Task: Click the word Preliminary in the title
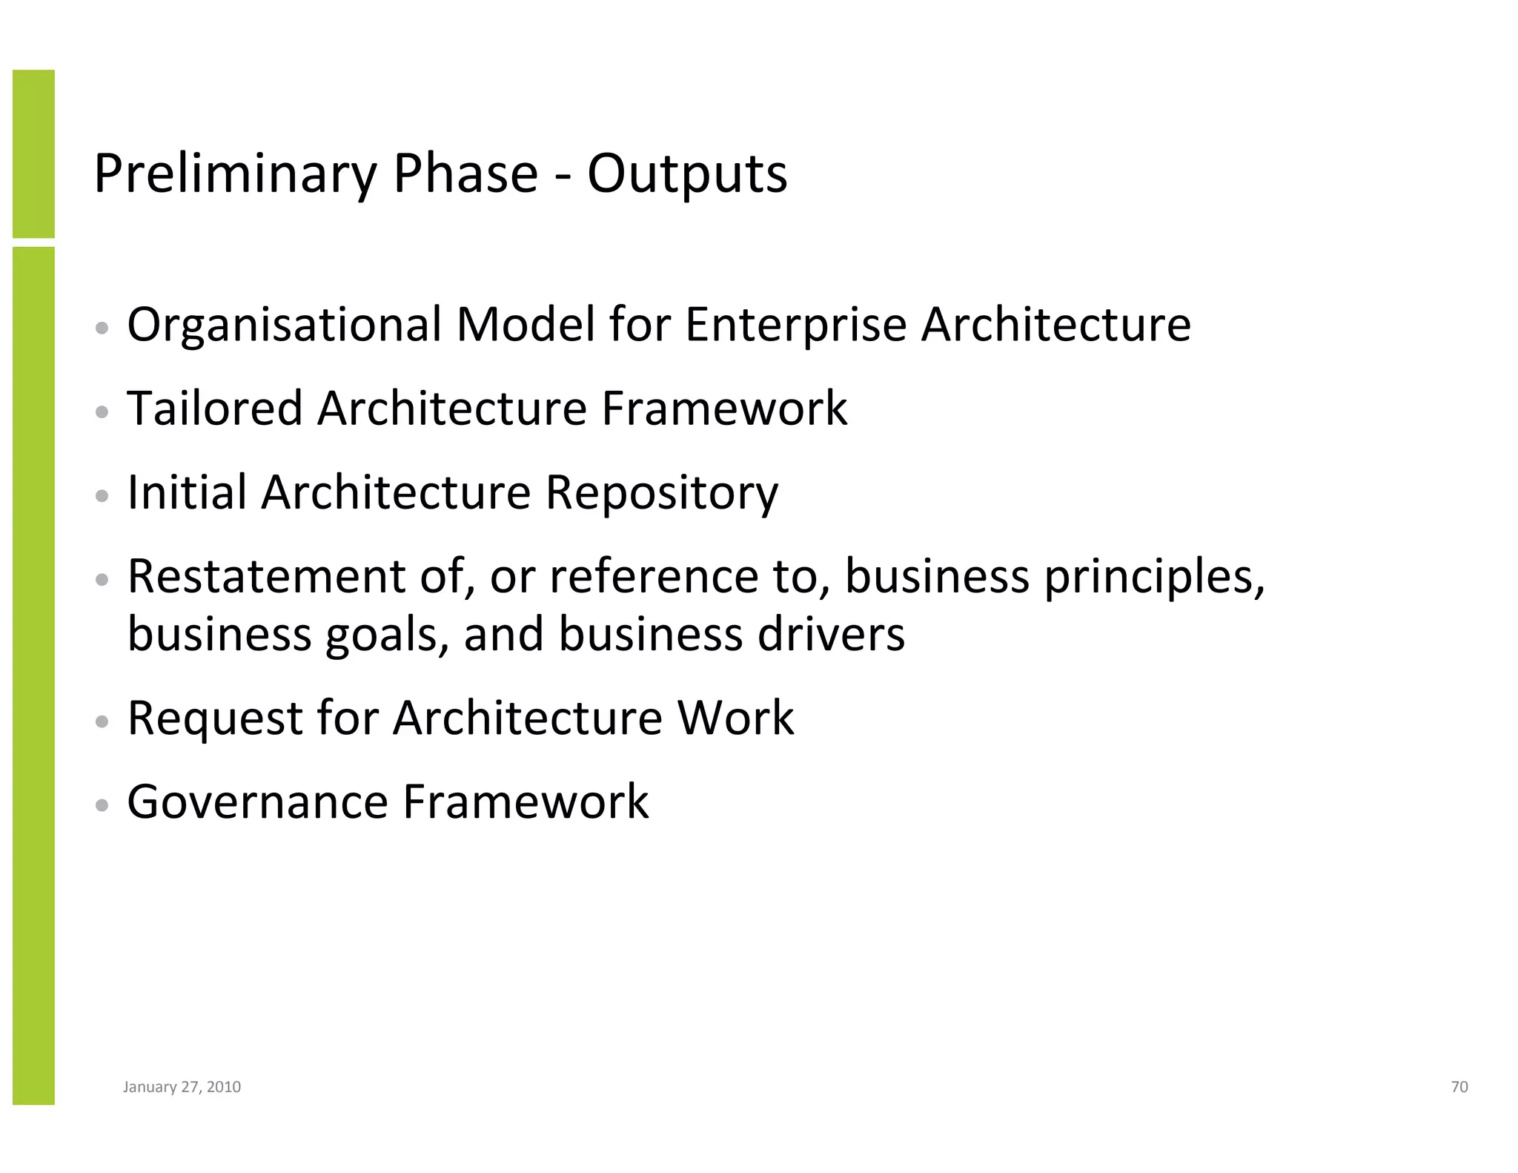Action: click(235, 174)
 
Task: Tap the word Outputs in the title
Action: click(687, 174)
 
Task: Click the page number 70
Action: click(1459, 1087)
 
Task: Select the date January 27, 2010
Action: click(182, 1087)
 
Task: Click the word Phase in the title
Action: click(465, 174)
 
